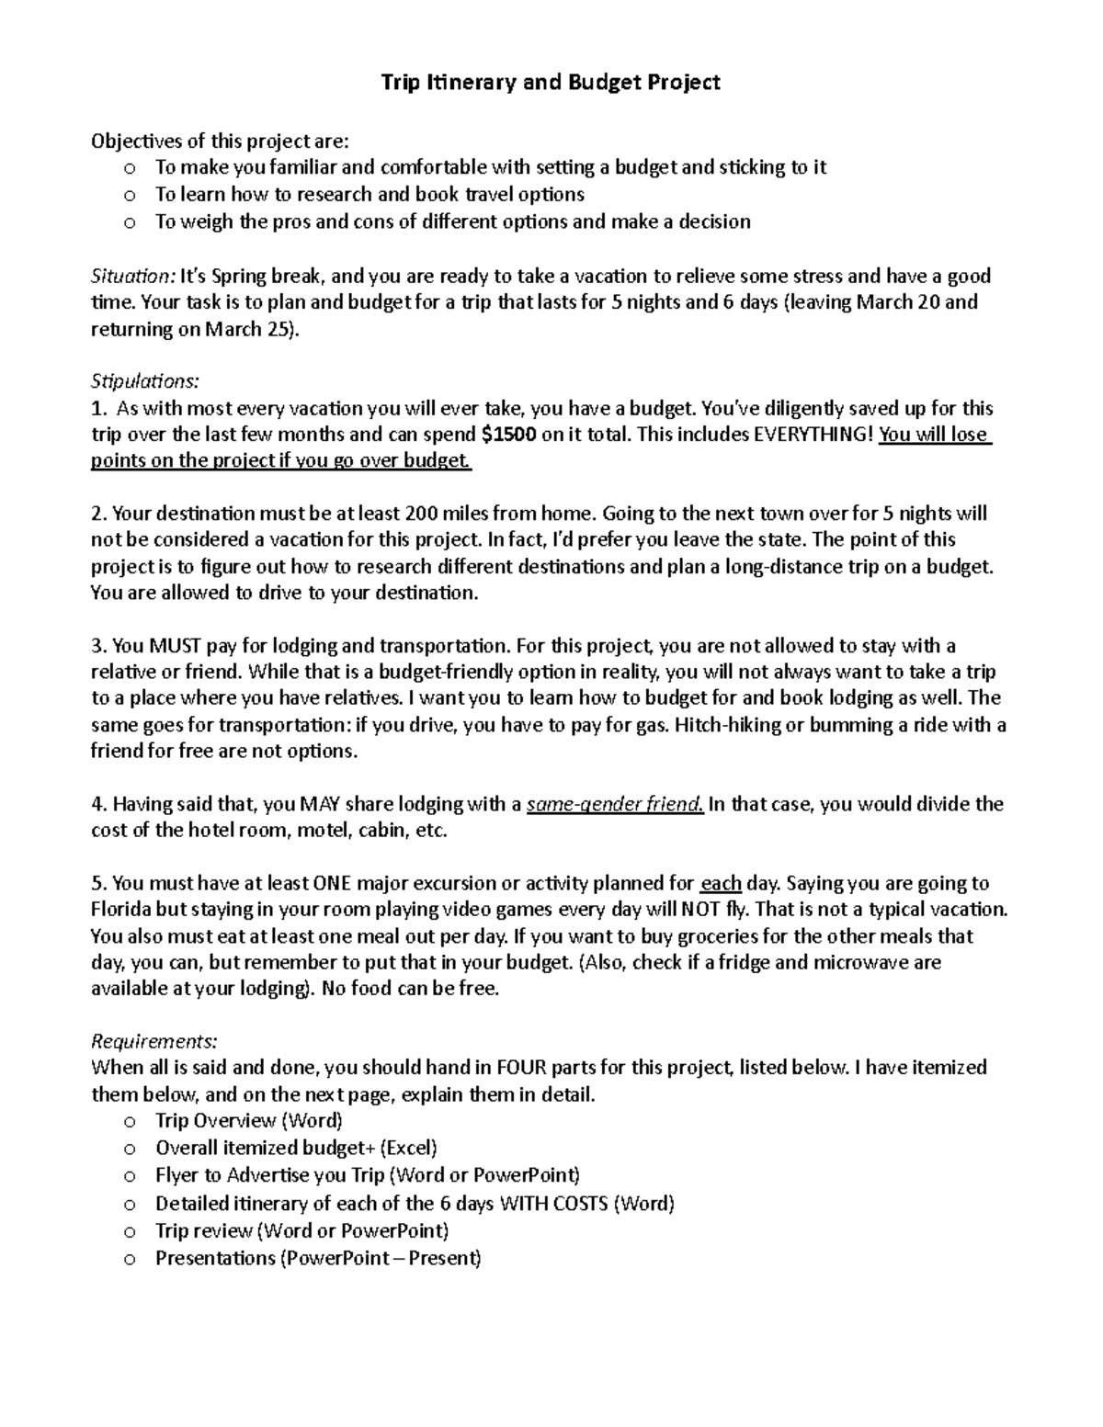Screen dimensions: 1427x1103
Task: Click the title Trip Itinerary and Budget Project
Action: coord(551,83)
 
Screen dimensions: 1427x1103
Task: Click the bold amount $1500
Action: coord(509,435)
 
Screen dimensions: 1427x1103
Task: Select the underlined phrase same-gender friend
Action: coord(614,805)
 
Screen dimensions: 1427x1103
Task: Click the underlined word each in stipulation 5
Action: coord(721,884)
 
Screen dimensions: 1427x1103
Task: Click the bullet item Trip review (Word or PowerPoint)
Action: coord(301,1230)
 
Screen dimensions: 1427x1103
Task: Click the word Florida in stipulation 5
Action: coord(123,911)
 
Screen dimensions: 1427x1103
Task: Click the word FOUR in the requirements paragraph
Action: coord(520,1068)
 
